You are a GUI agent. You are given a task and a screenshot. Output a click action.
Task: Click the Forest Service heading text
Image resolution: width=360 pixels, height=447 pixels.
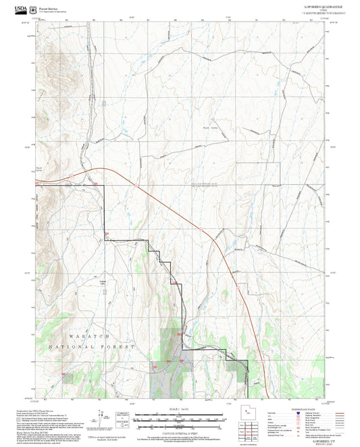[48, 9]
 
